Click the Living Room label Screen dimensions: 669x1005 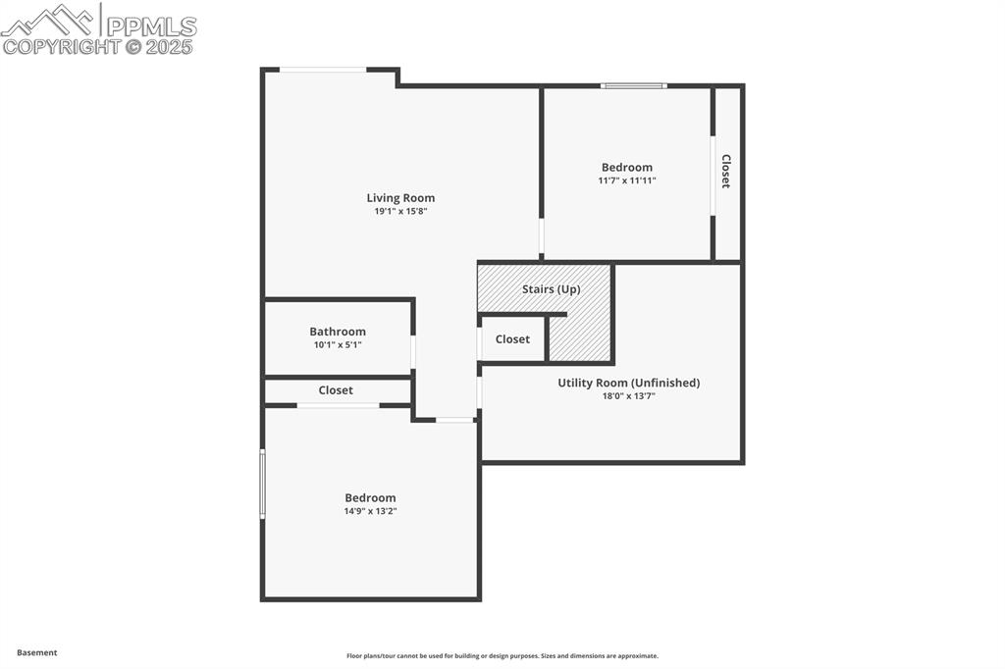pos(400,198)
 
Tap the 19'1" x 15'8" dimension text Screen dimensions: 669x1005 pos(400,211)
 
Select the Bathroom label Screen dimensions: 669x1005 pos(338,332)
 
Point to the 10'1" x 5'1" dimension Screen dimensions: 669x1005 pos(338,344)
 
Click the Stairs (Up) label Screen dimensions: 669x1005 pos(551,289)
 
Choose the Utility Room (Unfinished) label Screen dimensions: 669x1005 pos(628,383)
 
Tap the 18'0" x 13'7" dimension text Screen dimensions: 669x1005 pos(628,395)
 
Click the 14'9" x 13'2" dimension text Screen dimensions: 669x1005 pos(370,511)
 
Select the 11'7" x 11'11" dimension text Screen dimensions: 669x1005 pos(626,180)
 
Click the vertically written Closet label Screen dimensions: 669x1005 pos(726,172)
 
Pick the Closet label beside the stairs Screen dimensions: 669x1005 pos(512,339)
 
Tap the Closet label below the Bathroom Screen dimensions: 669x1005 pos(336,390)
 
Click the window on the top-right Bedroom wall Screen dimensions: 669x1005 pos(634,86)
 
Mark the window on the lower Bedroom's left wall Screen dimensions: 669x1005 pos(263,483)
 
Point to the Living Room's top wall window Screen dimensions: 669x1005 pos(323,70)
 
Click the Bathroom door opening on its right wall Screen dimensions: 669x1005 pos(413,352)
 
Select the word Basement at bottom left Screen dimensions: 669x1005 pos(37,652)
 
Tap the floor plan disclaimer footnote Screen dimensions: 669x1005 pos(502,656)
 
